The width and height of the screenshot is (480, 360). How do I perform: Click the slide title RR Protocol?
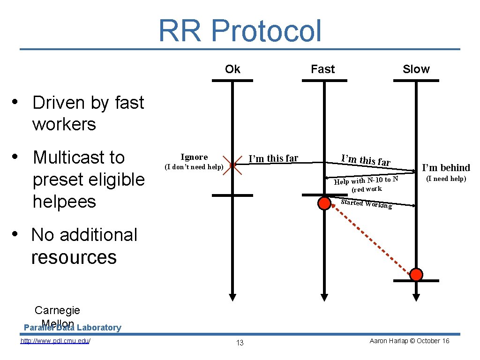(x=240, y=31)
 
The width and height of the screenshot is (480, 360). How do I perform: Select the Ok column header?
(x=232, y=69)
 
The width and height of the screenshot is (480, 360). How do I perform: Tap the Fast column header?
(x=323, y=69)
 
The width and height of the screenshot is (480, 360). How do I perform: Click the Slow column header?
(x=416, y=69)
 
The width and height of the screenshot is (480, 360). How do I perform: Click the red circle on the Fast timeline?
(x=324, y=203)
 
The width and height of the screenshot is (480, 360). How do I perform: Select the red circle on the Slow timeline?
(x=416, y=274)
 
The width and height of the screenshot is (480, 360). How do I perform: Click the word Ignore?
(x=194, y=157)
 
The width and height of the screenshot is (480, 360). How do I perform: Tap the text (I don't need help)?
(x=193, y=167)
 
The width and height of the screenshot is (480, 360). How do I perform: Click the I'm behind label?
(x=446, y=168)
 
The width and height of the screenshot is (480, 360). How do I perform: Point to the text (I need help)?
(x=446, y=179)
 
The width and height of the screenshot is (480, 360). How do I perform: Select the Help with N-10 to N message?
(x=366, y=180)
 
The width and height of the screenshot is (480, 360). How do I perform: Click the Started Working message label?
(x=366, y=204)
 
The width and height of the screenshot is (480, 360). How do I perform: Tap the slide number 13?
(x=240, y=343)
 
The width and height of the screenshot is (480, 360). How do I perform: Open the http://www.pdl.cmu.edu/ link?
(x=55, y=341)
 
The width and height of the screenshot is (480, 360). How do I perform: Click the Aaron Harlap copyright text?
(x=409, y=341)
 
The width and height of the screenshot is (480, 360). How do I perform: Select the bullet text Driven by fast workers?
(x=88, y=113)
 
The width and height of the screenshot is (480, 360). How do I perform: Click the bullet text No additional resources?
(x=84, y=246)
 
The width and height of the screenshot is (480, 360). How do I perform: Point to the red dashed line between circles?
(x=370, y=239)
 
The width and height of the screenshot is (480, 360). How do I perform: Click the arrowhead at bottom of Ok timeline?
(x=232, y=297)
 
